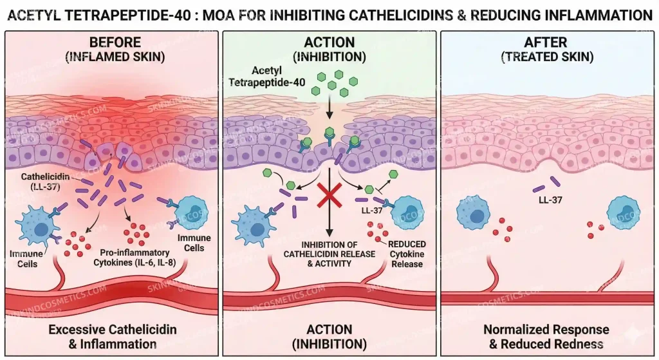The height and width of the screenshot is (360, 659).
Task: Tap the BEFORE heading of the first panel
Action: [115, 43]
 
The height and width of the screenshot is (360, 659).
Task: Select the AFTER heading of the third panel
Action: [546, 43]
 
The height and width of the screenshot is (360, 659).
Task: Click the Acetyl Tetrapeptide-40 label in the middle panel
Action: [267, 77]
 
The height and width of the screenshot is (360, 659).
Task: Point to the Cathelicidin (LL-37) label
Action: [46, 182]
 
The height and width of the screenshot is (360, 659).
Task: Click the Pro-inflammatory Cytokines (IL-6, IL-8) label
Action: [135, 258]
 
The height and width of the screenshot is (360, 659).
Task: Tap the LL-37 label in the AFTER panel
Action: [550, 200]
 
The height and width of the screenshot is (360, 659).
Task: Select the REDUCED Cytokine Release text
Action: [407, 254]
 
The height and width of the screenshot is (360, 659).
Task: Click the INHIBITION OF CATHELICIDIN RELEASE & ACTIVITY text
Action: [329, 254]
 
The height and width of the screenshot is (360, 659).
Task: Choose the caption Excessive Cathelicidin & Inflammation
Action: [113, 336]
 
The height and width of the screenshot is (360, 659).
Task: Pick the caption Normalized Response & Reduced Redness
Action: [546, 336]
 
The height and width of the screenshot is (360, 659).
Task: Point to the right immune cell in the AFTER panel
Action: [624, 213]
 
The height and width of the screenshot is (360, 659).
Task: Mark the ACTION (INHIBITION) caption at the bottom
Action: [329, 336]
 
